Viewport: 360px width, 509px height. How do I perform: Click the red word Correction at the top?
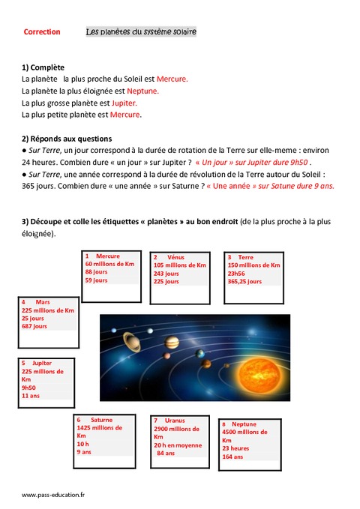click(42, 32)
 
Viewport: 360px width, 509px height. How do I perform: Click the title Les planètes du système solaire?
click(141, 32)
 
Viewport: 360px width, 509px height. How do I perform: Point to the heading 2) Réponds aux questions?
click(67, 139)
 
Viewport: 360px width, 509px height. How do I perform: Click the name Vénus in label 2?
click(175, 257)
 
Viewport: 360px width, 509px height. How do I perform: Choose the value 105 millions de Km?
click(179, 265)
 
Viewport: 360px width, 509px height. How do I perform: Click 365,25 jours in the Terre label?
click(245, 282)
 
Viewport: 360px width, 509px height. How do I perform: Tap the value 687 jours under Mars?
click(34, 327)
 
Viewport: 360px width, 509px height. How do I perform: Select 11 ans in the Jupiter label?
click(31, 396)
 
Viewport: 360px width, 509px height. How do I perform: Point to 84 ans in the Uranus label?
click(165, 453)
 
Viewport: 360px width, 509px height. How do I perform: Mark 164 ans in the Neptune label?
click(233, 457)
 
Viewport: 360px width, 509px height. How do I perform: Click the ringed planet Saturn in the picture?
click(133, 341)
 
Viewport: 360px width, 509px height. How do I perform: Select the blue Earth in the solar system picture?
click(199, 353)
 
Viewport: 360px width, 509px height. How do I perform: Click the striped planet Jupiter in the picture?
click(172, 343)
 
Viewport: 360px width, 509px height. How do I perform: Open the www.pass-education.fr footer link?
click(53, 495)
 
